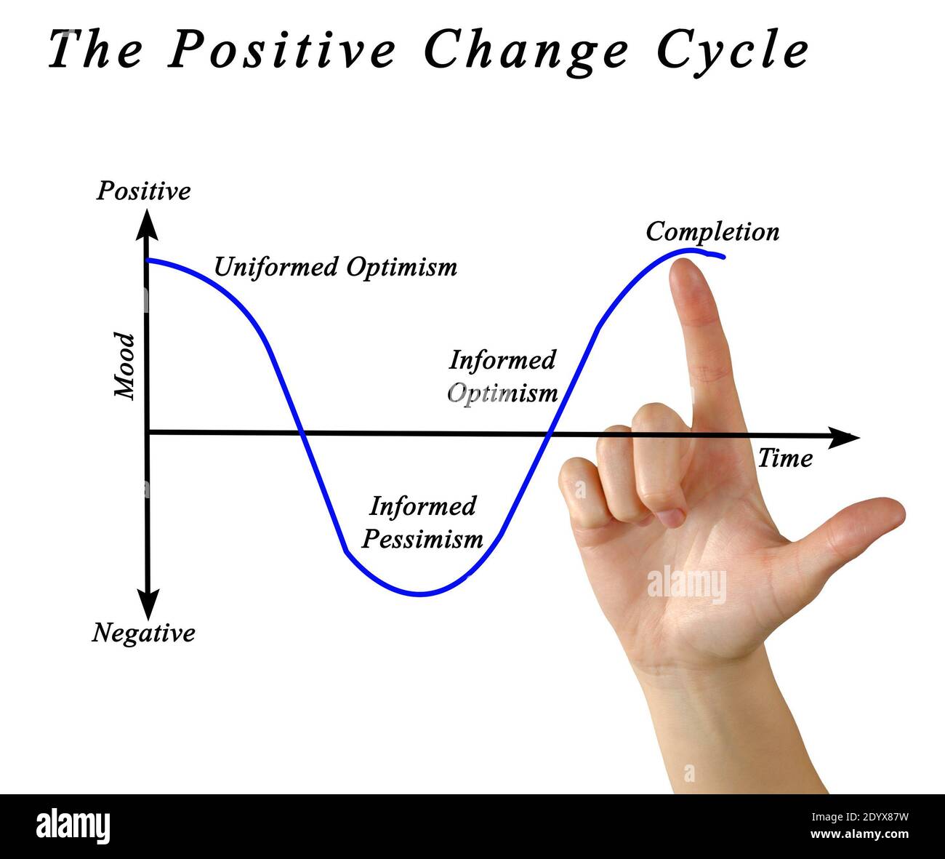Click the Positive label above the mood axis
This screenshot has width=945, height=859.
144,191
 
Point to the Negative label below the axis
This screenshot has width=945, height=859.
144,633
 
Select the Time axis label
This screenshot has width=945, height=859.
785,458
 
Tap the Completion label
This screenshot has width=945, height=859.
712,231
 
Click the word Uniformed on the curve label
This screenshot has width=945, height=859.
276,267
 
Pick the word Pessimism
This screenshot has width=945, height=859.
422,539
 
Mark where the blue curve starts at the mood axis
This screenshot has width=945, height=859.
148,260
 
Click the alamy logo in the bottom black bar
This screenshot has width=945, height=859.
73,827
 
